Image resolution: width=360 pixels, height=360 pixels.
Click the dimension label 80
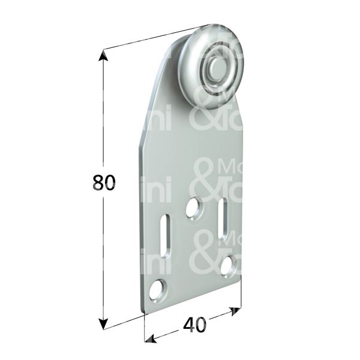(104, 183)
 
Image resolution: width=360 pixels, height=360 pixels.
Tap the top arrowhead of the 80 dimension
(104, 56)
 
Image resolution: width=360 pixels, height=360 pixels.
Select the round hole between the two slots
(193, 208)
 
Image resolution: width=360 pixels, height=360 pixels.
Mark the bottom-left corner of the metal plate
(143, 310)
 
